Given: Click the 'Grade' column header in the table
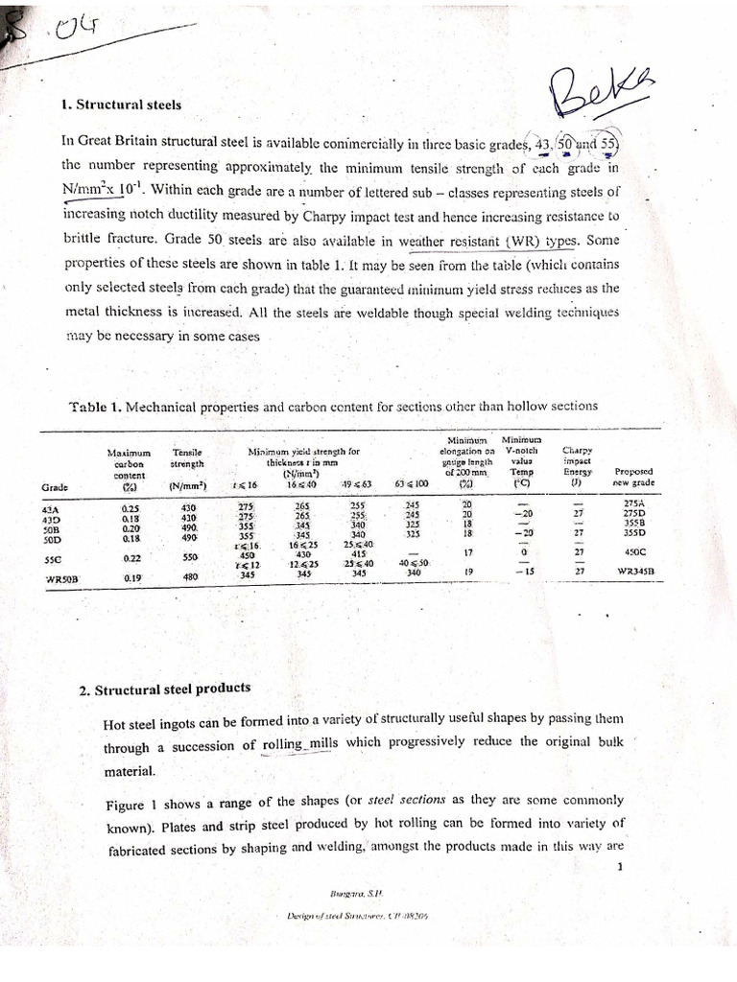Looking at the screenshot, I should [x=56, y=486].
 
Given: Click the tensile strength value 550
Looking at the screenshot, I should [x=190, y=557].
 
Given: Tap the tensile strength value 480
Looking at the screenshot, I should [x=190, y=577].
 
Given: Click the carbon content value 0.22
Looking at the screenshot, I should [x=132, y=557].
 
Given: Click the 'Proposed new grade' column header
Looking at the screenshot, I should [x=632, y=476].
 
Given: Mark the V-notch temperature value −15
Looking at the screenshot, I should [x=522, y=572].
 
